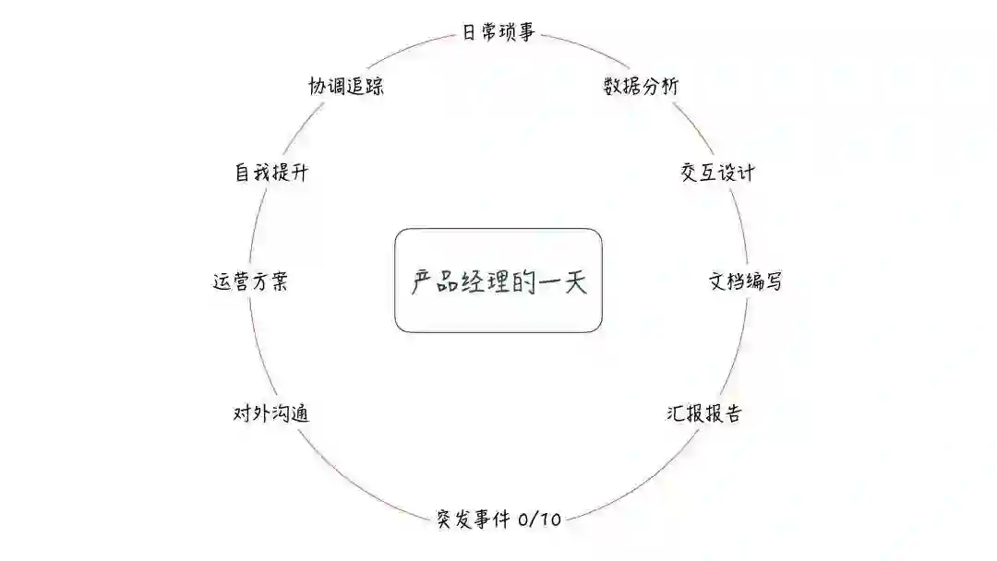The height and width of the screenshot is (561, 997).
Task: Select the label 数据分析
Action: (x=641, y=87)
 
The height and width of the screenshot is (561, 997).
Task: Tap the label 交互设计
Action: (x=717, y=173)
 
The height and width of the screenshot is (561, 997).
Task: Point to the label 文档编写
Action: (x=745, y=281)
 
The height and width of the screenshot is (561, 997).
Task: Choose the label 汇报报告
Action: (x=703, y=413)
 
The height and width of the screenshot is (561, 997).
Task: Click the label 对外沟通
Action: (x=270, y=413)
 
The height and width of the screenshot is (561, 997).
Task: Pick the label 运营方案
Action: (x=250, y=281)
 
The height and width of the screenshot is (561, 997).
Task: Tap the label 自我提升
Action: (x=270, y=173)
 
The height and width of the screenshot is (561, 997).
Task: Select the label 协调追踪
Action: (x=346, y=87)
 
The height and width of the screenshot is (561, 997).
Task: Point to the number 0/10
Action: (x=540, y=519)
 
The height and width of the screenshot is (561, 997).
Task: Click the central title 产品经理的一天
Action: (x=498, y=281)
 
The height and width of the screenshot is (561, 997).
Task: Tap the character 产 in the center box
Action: (x=422, y=281)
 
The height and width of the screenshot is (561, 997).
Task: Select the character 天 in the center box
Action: (x=575, y=281)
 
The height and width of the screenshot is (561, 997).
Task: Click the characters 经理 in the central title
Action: (x=486, y=281)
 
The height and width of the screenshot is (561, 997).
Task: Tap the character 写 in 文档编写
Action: (x=773, y=281)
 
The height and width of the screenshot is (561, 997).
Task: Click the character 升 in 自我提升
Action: (x=298, y=173)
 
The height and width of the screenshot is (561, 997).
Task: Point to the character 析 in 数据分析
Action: (x=669, y=87)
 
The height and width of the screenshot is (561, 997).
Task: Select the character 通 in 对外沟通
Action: (x=299, y=413)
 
